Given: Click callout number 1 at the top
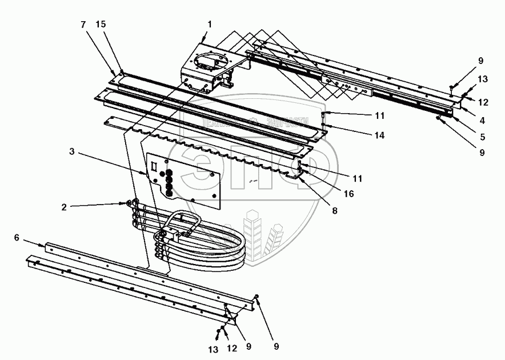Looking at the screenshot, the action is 210,24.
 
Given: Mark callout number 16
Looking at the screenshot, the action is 348,194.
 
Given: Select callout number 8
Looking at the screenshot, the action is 335,210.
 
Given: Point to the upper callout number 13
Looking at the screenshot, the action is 483,79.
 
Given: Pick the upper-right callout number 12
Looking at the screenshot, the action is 483,103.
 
